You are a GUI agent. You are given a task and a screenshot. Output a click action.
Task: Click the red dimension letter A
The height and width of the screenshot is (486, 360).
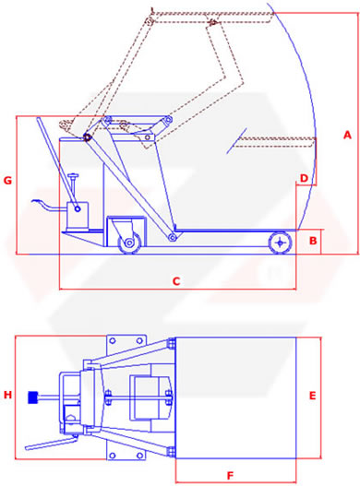tap(347, 136)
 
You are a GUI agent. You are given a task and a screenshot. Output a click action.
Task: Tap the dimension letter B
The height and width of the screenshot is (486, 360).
tap(313, 241)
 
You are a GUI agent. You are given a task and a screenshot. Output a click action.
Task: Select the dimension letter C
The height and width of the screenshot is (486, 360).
tap(176, 281)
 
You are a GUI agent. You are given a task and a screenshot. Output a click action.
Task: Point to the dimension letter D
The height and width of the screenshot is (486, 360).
tap(304, 178)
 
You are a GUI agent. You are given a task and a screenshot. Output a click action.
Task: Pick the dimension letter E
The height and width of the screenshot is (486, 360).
tap(313, 396)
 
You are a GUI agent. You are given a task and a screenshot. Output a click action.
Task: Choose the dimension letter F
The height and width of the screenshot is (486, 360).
tap(230, 476)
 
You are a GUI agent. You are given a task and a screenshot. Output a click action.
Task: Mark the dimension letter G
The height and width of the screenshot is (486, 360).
tap(7, 181)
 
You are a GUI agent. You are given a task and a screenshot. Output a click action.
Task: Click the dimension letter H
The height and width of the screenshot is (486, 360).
tap(7, 395)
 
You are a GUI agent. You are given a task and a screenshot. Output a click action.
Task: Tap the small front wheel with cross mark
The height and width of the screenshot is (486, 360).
tap(281, 243)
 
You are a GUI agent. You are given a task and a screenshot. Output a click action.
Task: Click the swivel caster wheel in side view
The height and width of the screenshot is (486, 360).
tap(129, 243)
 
